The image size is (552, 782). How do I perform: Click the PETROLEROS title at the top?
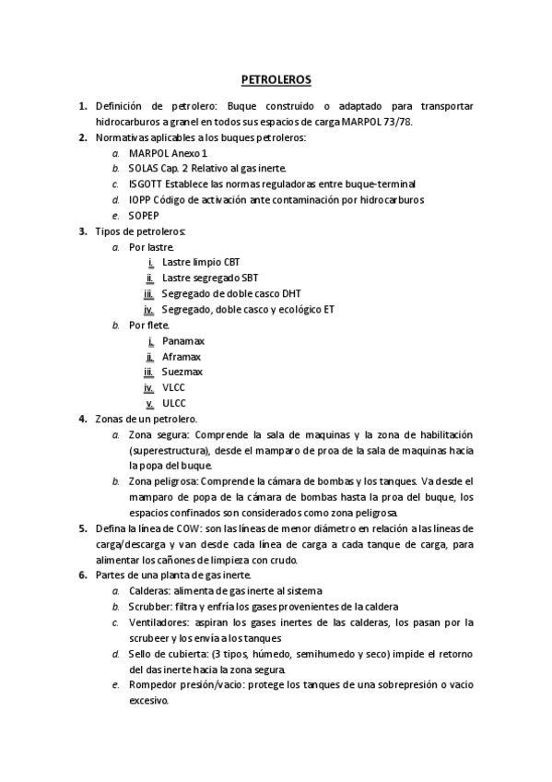(276, 80)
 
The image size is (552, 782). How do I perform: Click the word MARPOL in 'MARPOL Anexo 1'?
(147, 153)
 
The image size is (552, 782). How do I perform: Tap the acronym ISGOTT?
(147, 184)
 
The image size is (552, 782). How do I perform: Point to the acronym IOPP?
(140, 200)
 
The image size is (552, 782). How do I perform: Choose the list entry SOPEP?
(145, 216)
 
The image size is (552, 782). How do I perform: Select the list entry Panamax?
(182, 341)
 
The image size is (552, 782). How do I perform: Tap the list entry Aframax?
(182, 357)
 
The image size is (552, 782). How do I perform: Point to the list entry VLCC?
(173, 388)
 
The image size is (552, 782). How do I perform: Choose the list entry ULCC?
(173, 404)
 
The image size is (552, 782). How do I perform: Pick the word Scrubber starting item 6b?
(152, 607)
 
